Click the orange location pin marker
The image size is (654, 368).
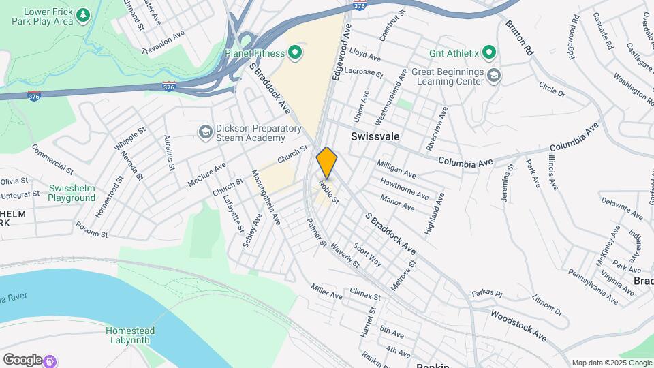327,162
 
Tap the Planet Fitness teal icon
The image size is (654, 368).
295,52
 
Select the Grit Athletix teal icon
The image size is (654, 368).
488,52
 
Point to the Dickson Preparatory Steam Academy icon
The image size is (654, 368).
204,132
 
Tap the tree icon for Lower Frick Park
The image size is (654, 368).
83,14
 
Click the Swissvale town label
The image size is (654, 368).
375,136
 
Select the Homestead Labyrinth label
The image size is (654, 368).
130,336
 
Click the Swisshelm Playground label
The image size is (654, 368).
72,193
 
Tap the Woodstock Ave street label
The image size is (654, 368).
518,326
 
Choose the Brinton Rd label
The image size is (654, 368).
519,37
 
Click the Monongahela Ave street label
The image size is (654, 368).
266,198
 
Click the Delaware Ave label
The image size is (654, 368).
621,210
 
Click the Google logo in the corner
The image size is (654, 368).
22,360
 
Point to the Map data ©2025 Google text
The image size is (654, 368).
611,363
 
